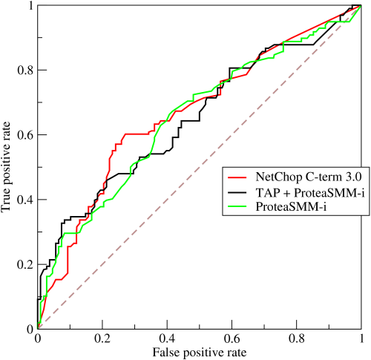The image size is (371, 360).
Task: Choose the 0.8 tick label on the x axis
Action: click(x=295, y=338)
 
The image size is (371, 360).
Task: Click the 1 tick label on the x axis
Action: click(x=360, y=338)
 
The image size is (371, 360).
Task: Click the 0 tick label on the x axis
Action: click(x=37, y=338)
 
